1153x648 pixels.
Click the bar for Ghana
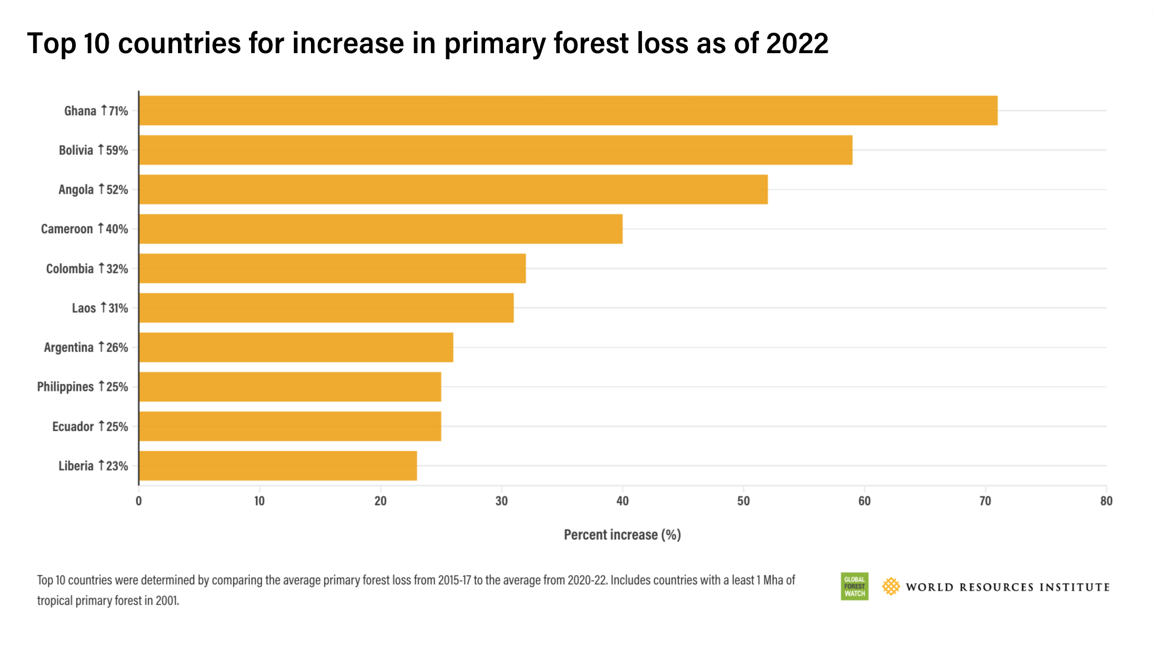[x=568, y=111]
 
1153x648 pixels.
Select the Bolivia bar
[x=495, y=150]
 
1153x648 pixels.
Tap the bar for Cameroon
[x=380, y=229]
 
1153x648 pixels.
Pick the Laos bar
[x=326, y=308]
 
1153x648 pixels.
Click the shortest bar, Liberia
[x=277, y=466]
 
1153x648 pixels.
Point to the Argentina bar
[x=295, y=347]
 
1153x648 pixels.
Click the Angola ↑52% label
[x=93, y=189]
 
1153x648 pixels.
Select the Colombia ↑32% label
[x=87, y=269]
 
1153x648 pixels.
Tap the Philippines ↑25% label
[x=83, y=387]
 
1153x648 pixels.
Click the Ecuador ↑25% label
[x=90, y=426]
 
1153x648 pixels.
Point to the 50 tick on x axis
[x=743, y=501]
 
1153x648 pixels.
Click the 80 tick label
[x=1106, y=501]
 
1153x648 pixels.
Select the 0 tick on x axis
[x=139, y=501]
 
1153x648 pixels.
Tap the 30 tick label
[x=501, y=501]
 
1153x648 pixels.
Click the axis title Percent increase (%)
[x=622, y=535]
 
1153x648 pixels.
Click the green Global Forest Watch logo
[x=854, y=587]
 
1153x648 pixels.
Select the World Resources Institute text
[x=1007, y=587]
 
